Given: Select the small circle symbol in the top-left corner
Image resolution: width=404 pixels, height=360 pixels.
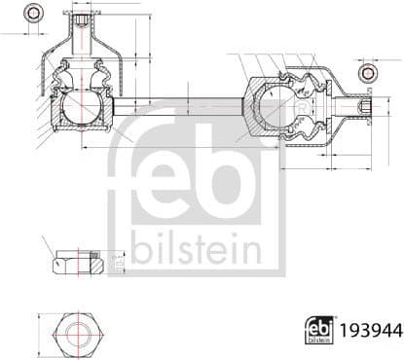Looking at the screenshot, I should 34,13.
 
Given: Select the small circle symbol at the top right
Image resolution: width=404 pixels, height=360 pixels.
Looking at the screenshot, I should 367,74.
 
